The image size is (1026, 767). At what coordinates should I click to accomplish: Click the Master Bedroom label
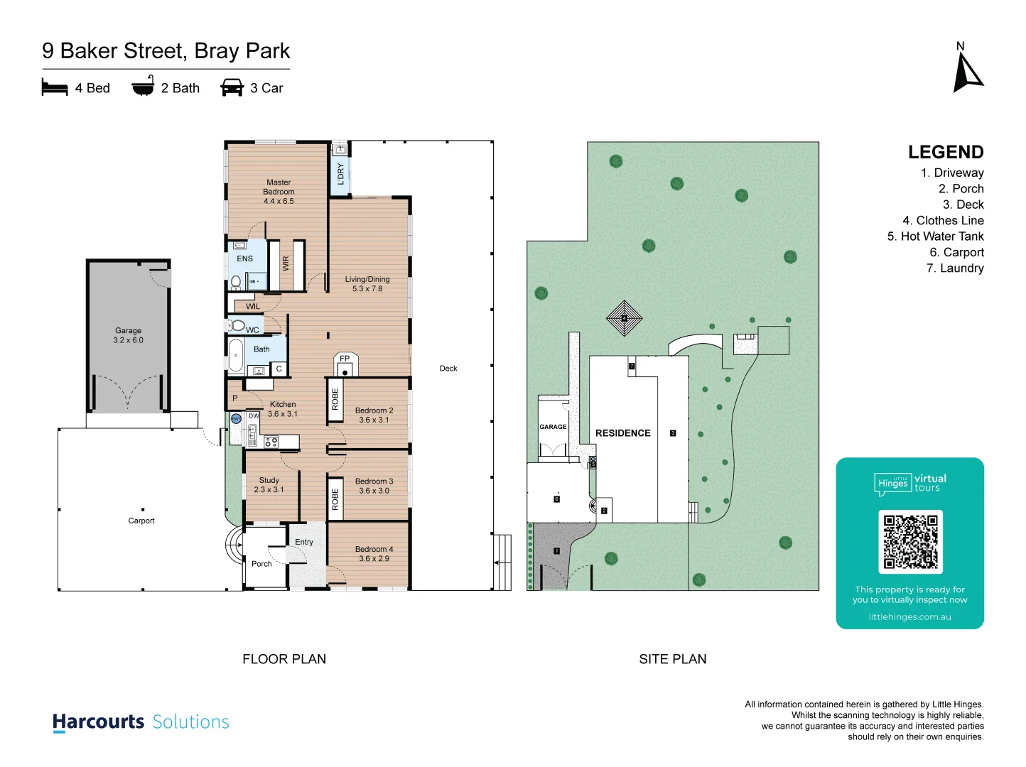point(279,192)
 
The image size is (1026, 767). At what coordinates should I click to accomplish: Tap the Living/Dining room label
point(367,284)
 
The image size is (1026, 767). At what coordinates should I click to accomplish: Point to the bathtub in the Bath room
point(235,355)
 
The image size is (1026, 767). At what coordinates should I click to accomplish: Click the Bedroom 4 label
point(374,554)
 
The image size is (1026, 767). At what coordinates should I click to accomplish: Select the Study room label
point(269,485)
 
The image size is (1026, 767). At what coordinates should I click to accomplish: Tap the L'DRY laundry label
point(341,174)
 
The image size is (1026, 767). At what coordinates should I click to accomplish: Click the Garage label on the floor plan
point(128,335)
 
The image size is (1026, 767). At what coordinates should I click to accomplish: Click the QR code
point(910,541)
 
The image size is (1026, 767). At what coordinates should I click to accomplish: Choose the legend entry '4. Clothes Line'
point(943,221)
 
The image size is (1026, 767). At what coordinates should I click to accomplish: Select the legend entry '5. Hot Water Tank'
point(935,236)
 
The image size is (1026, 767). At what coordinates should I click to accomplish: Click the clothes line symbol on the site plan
point(624,318)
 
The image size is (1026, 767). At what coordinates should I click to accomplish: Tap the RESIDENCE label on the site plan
point(622,433)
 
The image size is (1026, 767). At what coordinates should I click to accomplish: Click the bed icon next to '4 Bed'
point(55,88)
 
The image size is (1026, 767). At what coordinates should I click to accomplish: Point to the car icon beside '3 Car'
point(232,88)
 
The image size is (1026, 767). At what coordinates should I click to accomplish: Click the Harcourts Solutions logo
point(141,722)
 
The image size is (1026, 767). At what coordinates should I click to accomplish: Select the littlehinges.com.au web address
point(909,617)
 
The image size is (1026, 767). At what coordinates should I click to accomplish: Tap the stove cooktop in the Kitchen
point(271,442)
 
